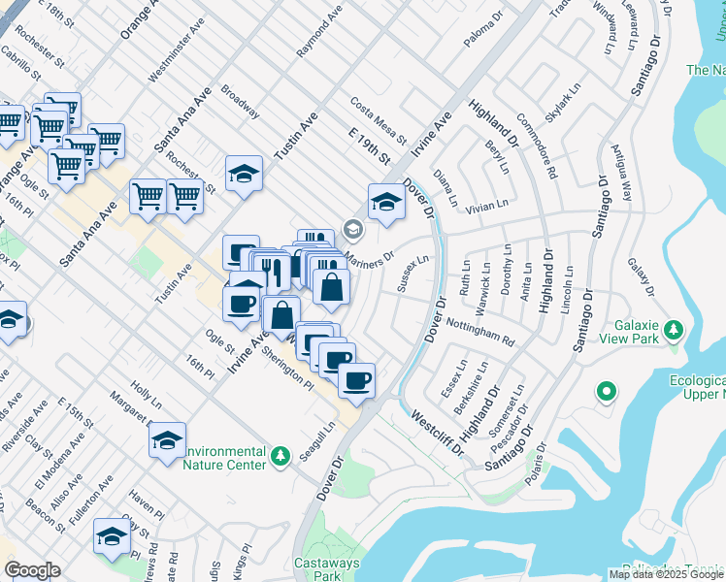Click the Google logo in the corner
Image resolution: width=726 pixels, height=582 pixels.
point(31,569)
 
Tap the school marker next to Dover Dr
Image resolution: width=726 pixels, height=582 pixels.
point(385,203)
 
